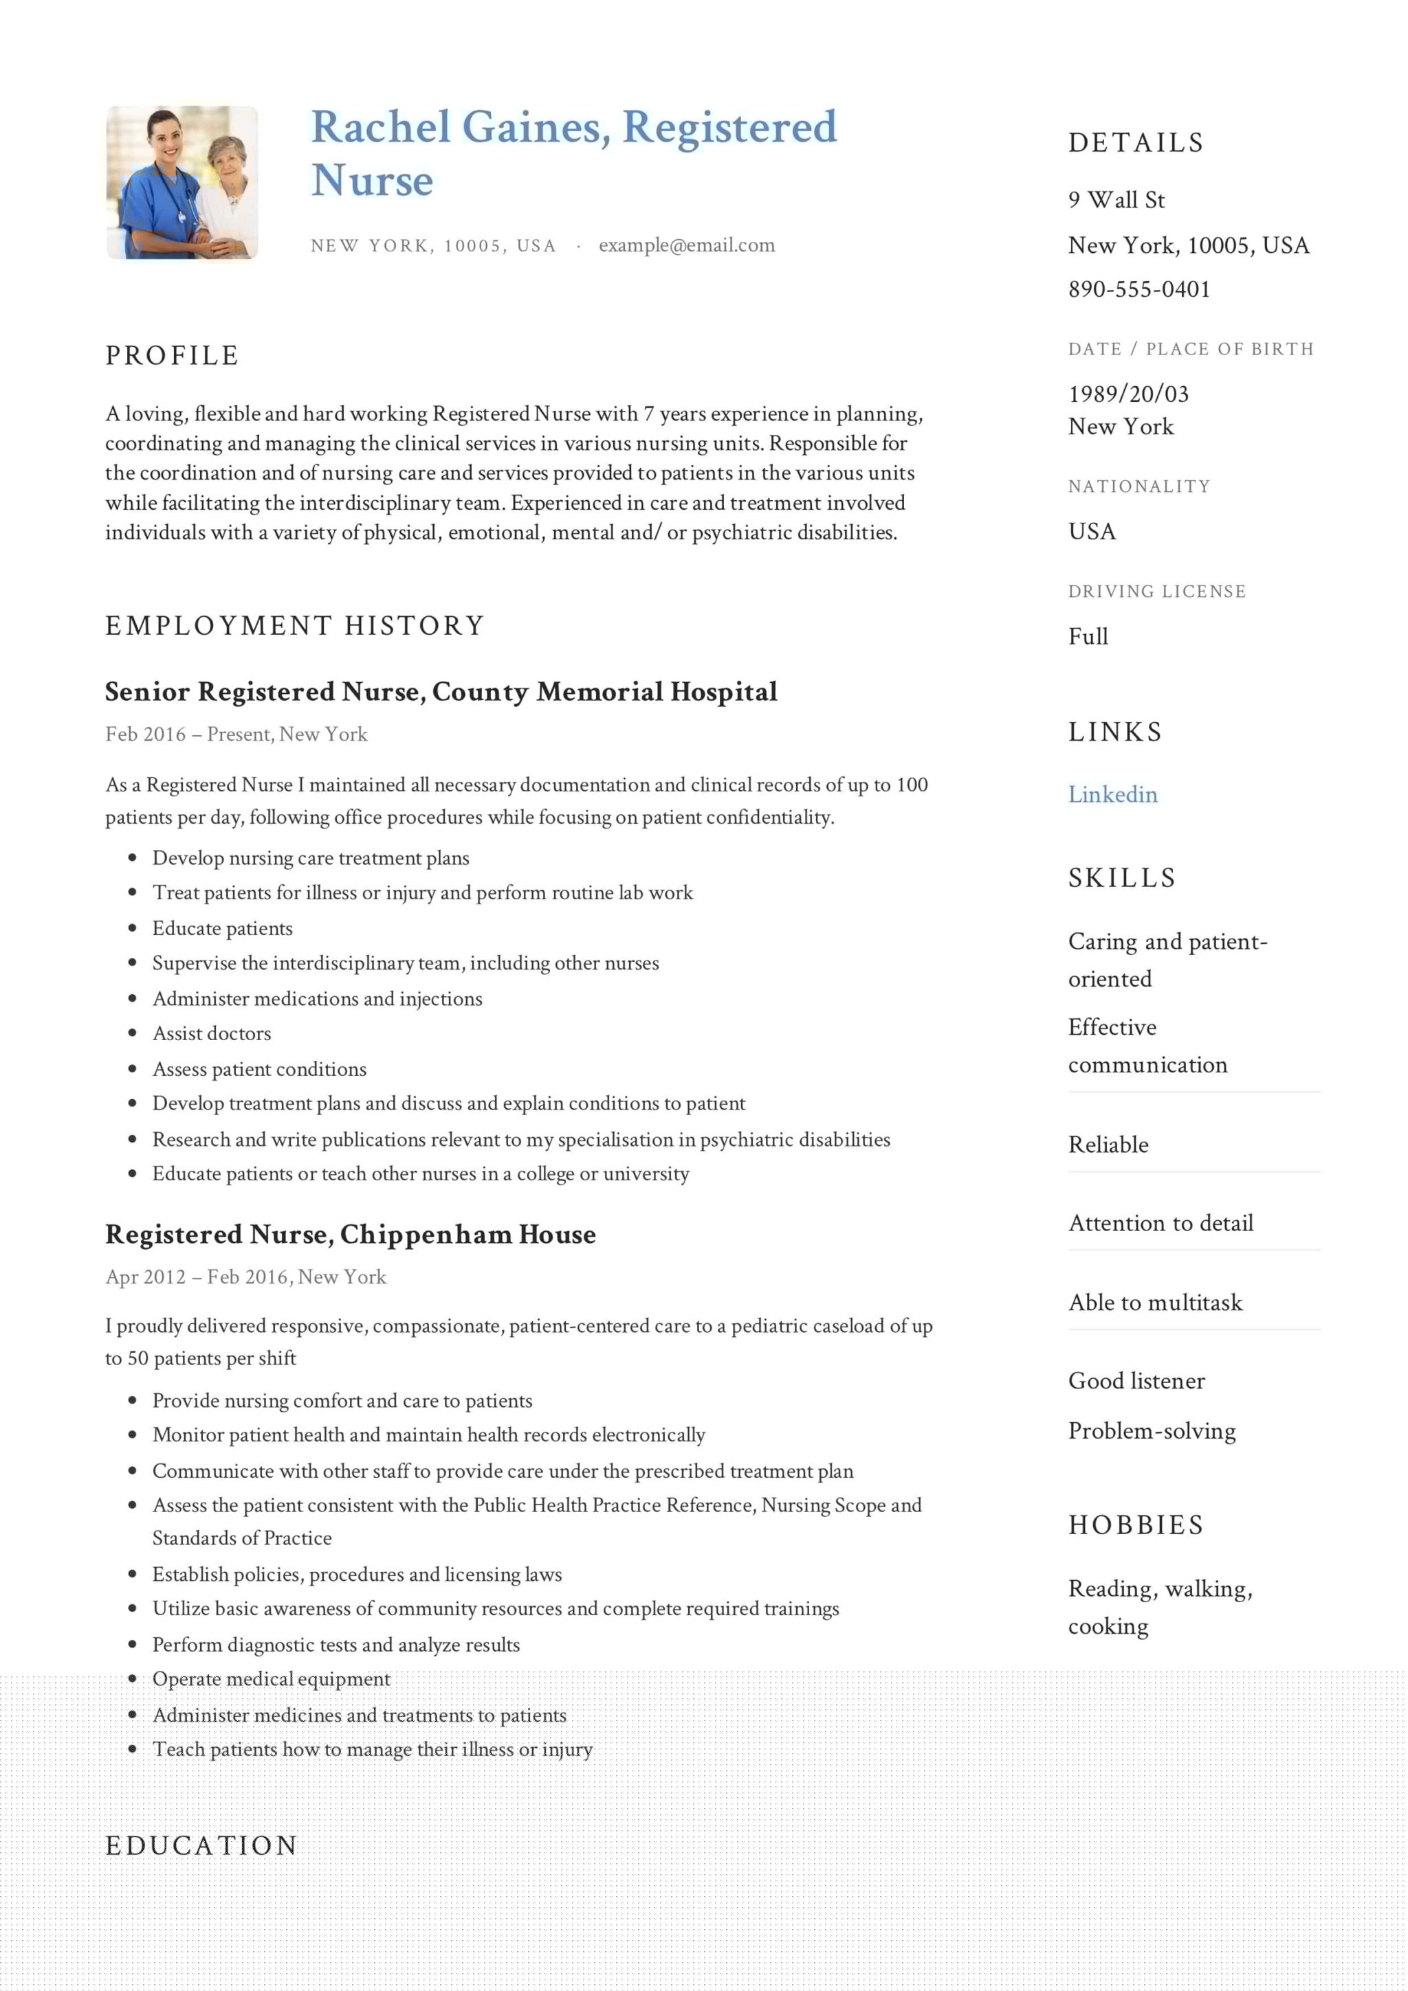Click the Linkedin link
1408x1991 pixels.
[1112, 794]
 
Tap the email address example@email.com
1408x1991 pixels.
[686, 245]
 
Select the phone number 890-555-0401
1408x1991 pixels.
[1138, 290]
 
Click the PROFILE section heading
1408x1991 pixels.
[172, 356]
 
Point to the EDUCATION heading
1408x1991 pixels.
[201, 1845]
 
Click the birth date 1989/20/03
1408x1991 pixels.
[1127, 394]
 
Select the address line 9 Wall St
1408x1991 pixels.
[1116, 201]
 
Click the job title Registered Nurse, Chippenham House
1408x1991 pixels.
[351, 1235]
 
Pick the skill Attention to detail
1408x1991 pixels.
[1160, 1224]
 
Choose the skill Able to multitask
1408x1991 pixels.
[1155, 1303]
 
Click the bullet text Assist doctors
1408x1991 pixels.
[212, 1034]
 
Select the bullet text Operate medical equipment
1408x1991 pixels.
[271, 1679]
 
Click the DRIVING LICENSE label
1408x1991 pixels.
[1156, 592]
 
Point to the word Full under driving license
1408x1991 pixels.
[1088, 636]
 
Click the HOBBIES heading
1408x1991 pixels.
[1136, 1525]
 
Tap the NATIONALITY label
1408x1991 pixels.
[1138, 486]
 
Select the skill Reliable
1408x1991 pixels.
[1108, 1145]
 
